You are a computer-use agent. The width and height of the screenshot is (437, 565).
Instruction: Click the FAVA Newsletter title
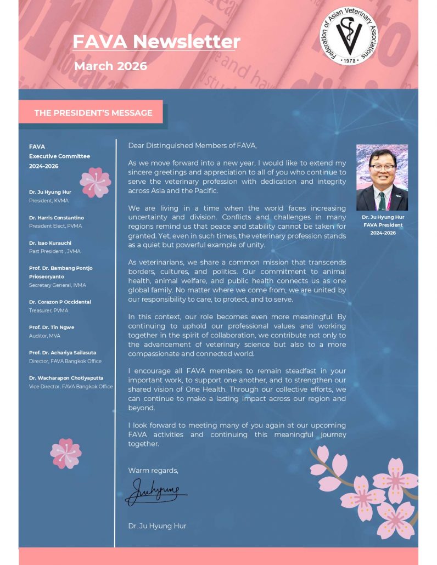pyautogui.click(x=156, y=42)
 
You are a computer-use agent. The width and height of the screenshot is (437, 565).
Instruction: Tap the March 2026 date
pyautogui.click(x=110, y=66)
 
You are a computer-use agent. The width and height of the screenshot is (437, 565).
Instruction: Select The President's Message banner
pyautogui.click(x=93, y=113)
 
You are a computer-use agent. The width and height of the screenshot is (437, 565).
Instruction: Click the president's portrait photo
pyautogui.click(x=382, y=178)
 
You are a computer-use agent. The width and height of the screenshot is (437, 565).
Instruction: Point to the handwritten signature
pyautogui.click(x=155, y=491)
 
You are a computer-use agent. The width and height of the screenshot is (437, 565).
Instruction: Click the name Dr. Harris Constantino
pyautogui.click(x=57, y=218)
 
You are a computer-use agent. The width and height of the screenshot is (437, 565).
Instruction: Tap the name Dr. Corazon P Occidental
pyautogui.click(x=60, y=302)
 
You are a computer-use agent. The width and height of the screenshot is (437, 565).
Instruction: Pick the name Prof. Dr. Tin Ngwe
pyautogui.click(x=52, y=327)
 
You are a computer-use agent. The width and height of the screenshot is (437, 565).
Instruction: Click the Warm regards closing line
pyautogui.click(x=153, y=471)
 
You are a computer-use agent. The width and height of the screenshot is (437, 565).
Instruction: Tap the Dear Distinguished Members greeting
pyautogui.click(x=192, y=145)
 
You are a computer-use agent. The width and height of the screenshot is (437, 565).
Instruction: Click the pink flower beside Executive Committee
pyautogui.click(x=95, y=183)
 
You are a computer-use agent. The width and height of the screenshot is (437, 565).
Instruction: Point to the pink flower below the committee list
pyautogui.click(x=66, y=453)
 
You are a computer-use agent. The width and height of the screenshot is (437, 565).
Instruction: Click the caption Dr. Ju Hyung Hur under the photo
pyautogui.click(x=383, y=217)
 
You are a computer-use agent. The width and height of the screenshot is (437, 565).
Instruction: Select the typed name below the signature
pyautogui.click(x=157, y=526)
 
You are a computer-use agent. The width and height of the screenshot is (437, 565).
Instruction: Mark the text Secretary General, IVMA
pyautogui.click(x=58, y=285)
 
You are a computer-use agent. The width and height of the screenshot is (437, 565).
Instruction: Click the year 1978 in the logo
pyautogui.click(x=349, y=61)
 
